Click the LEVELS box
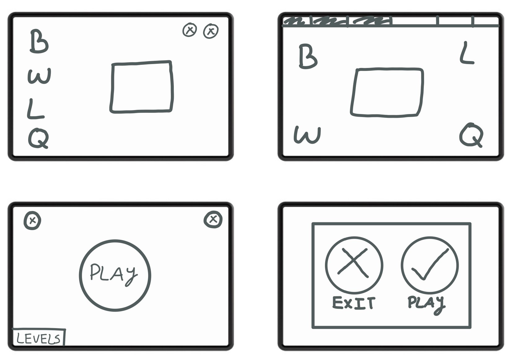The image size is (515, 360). pyautogui.click(x=39, y=337)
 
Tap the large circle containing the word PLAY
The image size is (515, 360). pyautogui.click(x=80, y=276)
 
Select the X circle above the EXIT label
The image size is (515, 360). pyautogui.click(x=326, y=265)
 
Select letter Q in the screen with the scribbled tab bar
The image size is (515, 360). pyautogui.click(x=471, y=135)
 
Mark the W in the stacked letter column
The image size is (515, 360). pyautogui.click(x=39, y=76)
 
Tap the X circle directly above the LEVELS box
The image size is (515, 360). pyautogui.click(x=33, y=220)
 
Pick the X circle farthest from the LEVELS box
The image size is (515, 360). pyautogui.click(x=213, y=219)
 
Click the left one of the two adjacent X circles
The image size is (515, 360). pyautogui.click(x=190, y=30)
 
